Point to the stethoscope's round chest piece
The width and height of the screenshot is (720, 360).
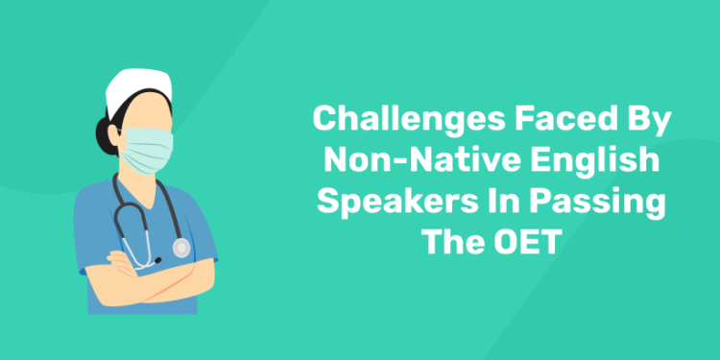pos(180,248)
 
